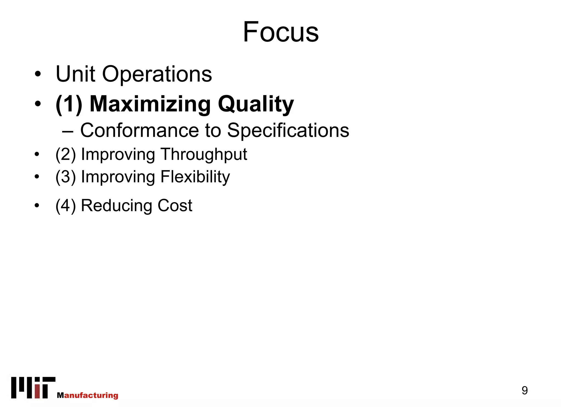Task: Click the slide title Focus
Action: tap(281, 32)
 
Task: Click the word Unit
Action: tap(75, 74)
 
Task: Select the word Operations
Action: tap(157, 74)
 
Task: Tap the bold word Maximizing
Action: tap(150, 104)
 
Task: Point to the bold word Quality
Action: tap(256, 104)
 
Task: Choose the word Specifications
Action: tap(288, 131)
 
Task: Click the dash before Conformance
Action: tap(67, 131)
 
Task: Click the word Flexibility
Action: tap(195, 177)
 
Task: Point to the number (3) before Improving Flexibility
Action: tap(65, 177)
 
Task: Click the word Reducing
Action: tap(116, 206)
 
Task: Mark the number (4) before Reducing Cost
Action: tap(65, 206)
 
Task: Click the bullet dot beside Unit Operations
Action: tap(38, 74)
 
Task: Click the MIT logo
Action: tap(33, 388)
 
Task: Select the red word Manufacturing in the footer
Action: tap(88, 395)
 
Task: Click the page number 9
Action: tap(525, 390)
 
